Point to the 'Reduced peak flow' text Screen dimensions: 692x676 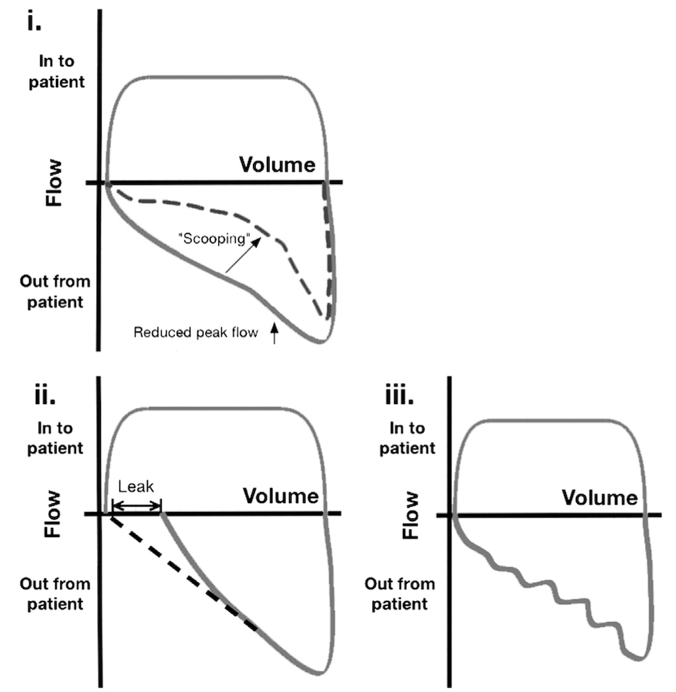(195, 333)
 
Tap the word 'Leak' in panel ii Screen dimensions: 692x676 (135, 486)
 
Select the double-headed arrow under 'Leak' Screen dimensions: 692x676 (136, 507)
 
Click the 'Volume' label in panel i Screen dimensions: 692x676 (277, 165)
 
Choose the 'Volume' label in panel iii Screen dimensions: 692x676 (599, 497)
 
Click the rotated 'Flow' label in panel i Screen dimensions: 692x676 (53, 183)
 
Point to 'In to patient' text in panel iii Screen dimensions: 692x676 (405, 438)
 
